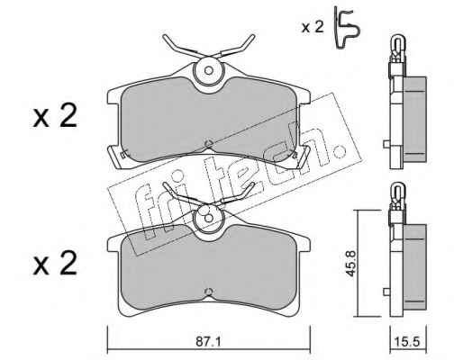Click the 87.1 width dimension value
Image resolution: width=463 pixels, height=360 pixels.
pos(208,342)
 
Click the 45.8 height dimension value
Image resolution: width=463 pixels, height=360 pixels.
pos(351,263)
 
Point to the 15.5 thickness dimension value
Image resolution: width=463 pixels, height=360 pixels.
pos(408,342)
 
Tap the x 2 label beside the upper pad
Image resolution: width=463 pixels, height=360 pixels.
pos(55,116)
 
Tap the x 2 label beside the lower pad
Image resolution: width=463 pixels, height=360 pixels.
pos(55,263)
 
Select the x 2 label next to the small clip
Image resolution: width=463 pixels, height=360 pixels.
pos(313,27)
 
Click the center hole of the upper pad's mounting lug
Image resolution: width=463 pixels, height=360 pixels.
pos(209,71)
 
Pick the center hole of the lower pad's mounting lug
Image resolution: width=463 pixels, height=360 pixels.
pos(209,218)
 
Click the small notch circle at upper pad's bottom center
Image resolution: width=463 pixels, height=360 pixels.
pos(208,144)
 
